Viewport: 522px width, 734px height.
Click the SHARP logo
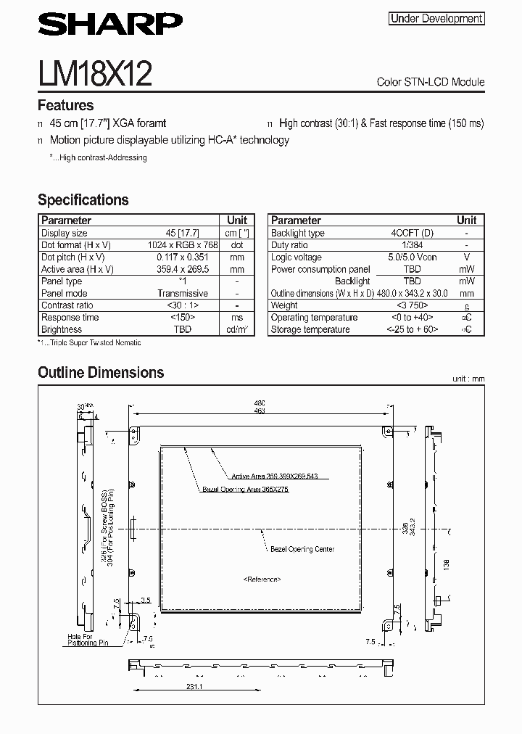click(x=110, y=27)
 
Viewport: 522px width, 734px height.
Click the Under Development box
click(x=436, y=19)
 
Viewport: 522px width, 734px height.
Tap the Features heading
click(x=65, y=105)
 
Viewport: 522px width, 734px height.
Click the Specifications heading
click(x=83, y=199)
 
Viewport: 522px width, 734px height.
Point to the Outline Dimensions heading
click(x=101, y=373)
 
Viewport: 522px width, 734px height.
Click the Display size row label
click(x=65, y=233)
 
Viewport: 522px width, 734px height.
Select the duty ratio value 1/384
click(x=411, y=245)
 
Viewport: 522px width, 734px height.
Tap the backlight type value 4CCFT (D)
click(x=411, y=233)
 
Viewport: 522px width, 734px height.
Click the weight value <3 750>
click(x=411, y=305)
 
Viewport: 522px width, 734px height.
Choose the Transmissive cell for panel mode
click(x=182, y=293)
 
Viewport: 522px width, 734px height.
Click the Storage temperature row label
click(x=310, y=329)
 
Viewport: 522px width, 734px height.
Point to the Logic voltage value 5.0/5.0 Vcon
click(x=411, y=257)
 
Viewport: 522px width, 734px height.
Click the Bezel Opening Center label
click(x=303, y=549)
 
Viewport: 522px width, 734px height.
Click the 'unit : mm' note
click(x=468, y=379)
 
